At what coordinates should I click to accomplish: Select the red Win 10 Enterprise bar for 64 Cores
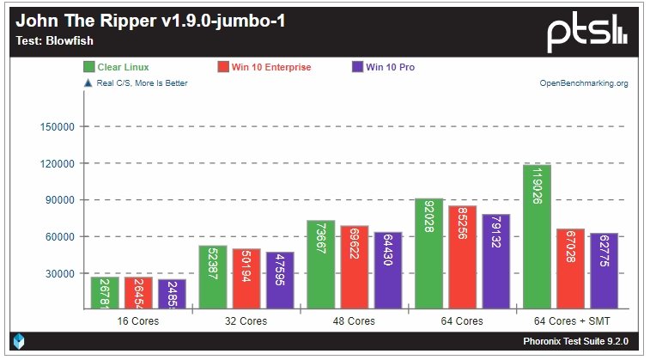(462, 257)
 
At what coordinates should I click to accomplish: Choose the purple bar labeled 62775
(603, 271)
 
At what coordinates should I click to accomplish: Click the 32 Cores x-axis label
(245, 321)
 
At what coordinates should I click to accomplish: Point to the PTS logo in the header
(587, 34)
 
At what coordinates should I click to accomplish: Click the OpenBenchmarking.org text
(584, 83)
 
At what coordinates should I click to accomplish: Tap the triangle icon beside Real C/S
(87, 83)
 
